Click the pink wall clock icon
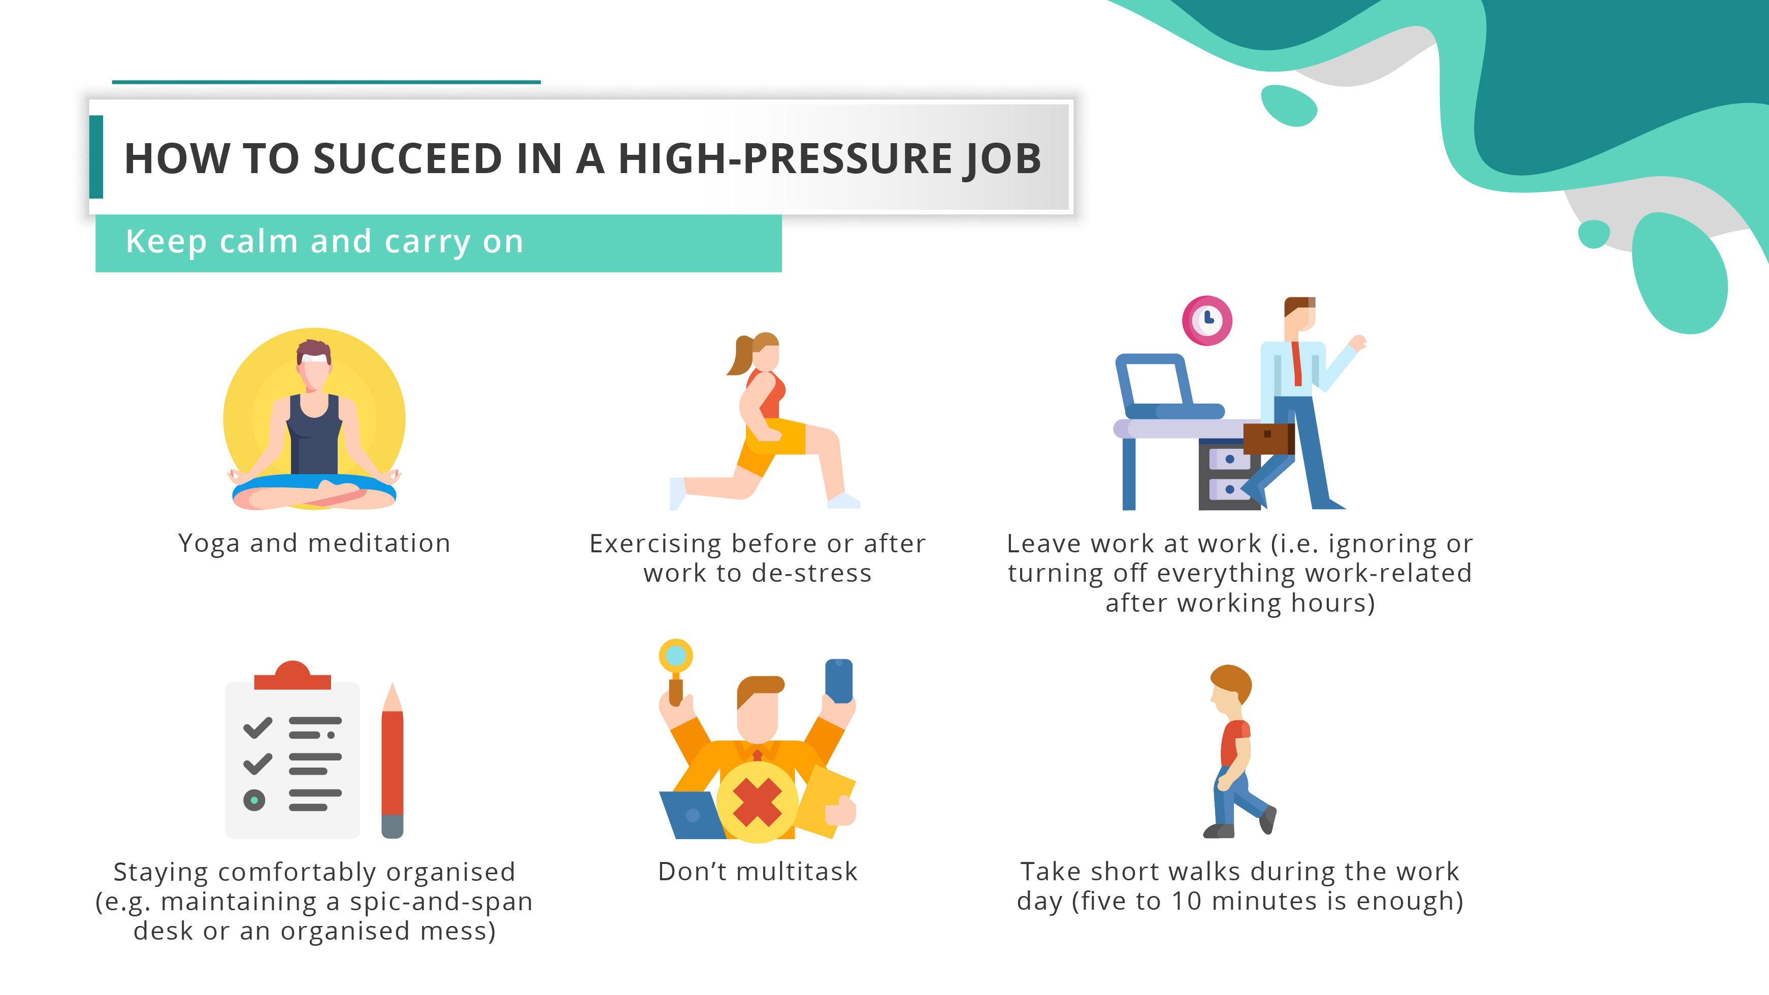tap(1206, 320)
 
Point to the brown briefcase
tap(1268, 438)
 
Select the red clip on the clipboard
tap(292, 676)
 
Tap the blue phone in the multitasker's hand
tap(838, 680)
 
